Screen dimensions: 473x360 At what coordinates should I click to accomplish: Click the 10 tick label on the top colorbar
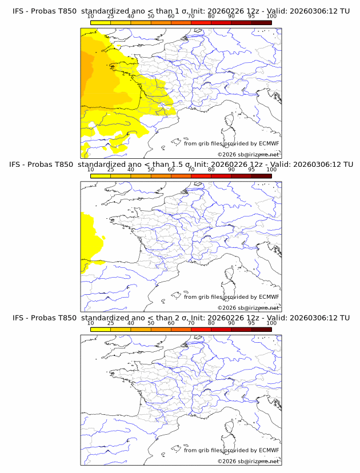(x=90, y=16)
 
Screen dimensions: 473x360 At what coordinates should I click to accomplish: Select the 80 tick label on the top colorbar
(x=211, y=16)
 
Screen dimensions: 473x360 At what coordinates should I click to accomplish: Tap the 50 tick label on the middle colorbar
(x=151, y=169)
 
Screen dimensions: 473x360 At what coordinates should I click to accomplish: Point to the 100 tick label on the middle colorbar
(x=271, y=169)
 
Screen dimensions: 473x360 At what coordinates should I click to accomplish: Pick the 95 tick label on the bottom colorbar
(x=251, y=323)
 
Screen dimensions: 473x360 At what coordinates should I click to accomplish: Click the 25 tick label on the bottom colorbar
(x=110, y=323)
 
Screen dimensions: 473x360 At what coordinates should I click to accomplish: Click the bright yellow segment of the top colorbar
(x=100, y=22)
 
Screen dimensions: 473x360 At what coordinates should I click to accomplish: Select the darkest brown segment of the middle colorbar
(x=261, y=176)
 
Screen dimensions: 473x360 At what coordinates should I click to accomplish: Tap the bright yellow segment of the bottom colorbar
(x=100, y=330)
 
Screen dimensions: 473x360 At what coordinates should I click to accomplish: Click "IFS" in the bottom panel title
(x=19, y=318)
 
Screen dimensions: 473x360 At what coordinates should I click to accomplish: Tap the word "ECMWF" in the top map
(x=269, y=143)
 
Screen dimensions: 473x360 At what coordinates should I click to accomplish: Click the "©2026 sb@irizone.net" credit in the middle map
(x=248, y=308)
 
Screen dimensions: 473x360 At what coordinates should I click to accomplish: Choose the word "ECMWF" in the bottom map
(x=269, y=450)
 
